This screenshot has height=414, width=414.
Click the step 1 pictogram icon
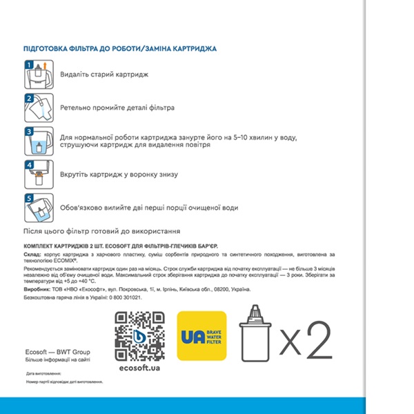(x=39, y=75)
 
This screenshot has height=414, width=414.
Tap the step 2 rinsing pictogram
(x=39, y=108)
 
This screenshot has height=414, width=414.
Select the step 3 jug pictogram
(x=39, y=141)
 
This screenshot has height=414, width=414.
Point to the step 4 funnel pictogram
(x=39, y=175)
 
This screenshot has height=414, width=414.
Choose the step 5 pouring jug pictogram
(x=39, y=208)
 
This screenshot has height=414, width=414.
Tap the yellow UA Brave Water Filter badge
(x=202, y=335)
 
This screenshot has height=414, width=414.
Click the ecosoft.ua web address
(x=138, y=369)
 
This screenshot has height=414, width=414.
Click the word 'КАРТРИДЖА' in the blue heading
(x=194, y=49)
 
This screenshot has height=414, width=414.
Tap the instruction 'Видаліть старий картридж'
(x=104, y=75)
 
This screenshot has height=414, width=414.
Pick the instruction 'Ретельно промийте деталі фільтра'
(x=117, y=108)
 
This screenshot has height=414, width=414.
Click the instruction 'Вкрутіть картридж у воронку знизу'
(x=121, y=175)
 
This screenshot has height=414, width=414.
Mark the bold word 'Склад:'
(x=32, y=255)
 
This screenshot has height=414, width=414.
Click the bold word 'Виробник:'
(x=37, y=289)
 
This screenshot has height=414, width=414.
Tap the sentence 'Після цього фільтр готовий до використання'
(x=106, y=232)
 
